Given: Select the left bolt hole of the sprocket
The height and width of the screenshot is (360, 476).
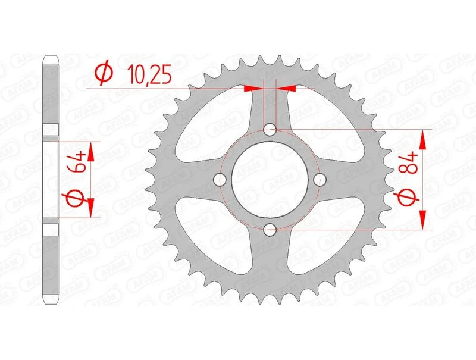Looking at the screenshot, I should point(220,179).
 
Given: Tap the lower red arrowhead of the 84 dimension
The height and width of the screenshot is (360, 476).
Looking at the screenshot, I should point(423,220).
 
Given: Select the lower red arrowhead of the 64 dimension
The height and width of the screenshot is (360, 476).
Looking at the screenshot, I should point(91,208).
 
